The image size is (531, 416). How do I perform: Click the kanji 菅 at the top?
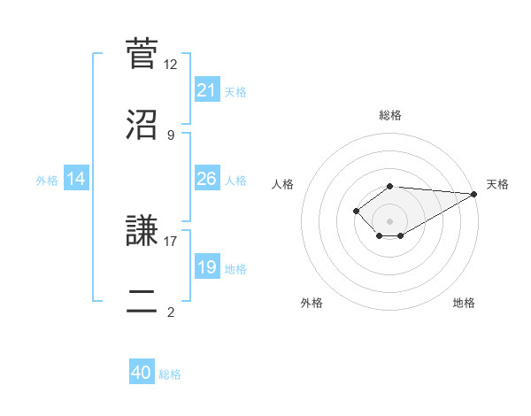[142, 53]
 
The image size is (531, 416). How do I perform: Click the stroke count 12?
[171, 65]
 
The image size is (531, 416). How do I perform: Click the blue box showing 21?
[207, 90]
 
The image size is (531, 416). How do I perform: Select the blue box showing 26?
[207, 179]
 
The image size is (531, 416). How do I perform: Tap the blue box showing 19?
[207, 267]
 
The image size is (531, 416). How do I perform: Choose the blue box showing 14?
[76, 179]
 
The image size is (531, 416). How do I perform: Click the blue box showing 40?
[142, 373]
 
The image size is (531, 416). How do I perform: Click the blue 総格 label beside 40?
[170, 374]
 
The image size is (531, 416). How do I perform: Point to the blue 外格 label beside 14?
[47, 181]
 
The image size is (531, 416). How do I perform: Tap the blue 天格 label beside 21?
[235, 92]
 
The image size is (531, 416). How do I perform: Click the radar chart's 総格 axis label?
[390, 115]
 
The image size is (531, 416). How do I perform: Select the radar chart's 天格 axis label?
[497, 184]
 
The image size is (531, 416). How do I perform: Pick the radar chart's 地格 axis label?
[464, 304]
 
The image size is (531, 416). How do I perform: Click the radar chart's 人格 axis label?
[283, 184]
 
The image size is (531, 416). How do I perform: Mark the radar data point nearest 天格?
[474, 194]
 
